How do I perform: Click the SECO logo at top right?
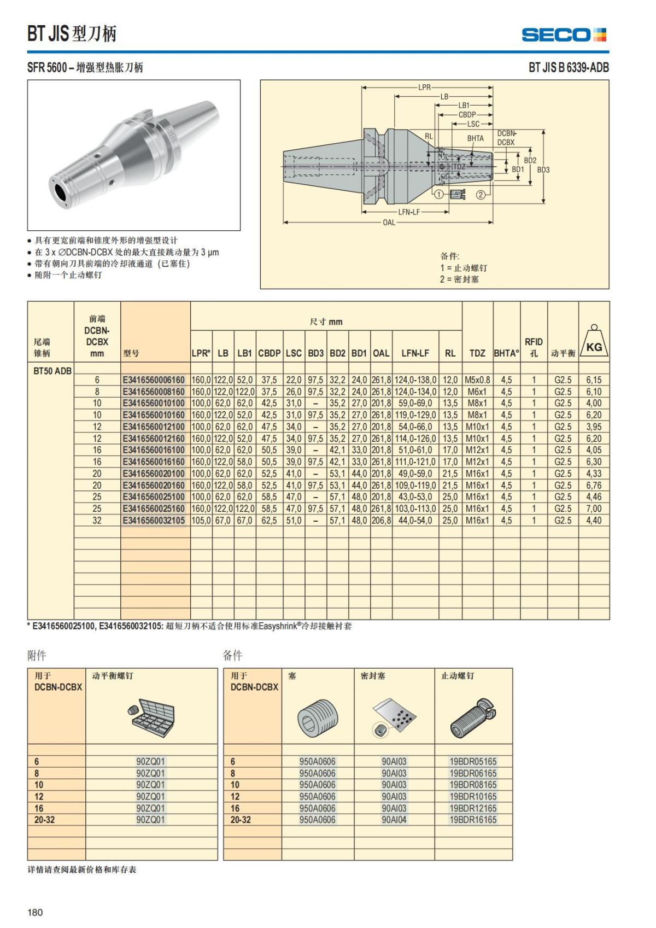pos(564,35)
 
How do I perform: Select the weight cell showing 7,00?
pos(594,509)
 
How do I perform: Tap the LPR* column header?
pos(201,353)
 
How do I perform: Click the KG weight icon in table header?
pos(594,342)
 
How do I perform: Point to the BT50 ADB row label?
pos(52,371)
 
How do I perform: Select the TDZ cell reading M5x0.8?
pos(477,380)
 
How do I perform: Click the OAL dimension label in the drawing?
pos(389,223)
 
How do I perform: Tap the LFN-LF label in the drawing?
pos(408,212)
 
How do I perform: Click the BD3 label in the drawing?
pos(543,170)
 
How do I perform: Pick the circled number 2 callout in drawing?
pos(481,194)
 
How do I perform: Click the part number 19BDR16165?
pos(473,820)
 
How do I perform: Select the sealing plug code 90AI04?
pos(394,820)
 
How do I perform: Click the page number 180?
pos(35,912)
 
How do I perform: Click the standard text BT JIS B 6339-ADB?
pos(568,68)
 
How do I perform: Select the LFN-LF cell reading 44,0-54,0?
pos(415,521)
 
